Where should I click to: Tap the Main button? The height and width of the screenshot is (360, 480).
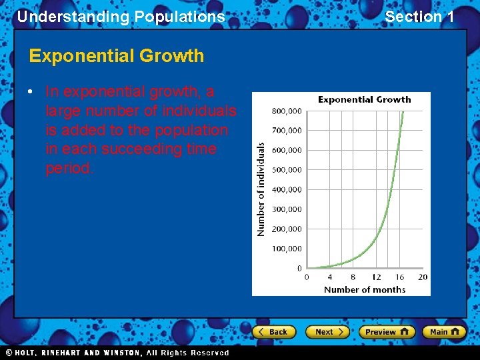[x=444, y=332]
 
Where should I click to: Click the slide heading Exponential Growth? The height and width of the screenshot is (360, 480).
[x=117, y=56]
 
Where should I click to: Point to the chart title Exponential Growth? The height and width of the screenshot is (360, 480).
[x=364, y=100]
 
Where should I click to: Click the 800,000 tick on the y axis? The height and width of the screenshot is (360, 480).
[x=287, y=111]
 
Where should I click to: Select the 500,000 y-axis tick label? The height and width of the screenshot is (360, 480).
[x=287, y=170]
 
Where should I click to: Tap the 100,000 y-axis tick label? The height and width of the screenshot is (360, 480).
[x=287, y=249]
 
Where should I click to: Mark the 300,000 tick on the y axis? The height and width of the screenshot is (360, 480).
[x=287, y=209]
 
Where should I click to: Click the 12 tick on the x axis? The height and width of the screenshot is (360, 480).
[x=376, y=277]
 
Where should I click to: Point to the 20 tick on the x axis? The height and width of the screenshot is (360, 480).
[x=422, y=277]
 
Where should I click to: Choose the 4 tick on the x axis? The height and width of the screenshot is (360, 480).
[x=330, y=277]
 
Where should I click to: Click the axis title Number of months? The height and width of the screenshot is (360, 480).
[x=365, y=289]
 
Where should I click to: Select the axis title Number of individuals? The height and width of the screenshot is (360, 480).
[x=261, y=189]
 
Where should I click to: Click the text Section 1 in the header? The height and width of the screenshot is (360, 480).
[x=419, y=17]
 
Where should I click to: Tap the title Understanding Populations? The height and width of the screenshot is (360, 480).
[x=121, y=17]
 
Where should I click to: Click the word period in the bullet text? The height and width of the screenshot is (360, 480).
[x=69, y=168]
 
